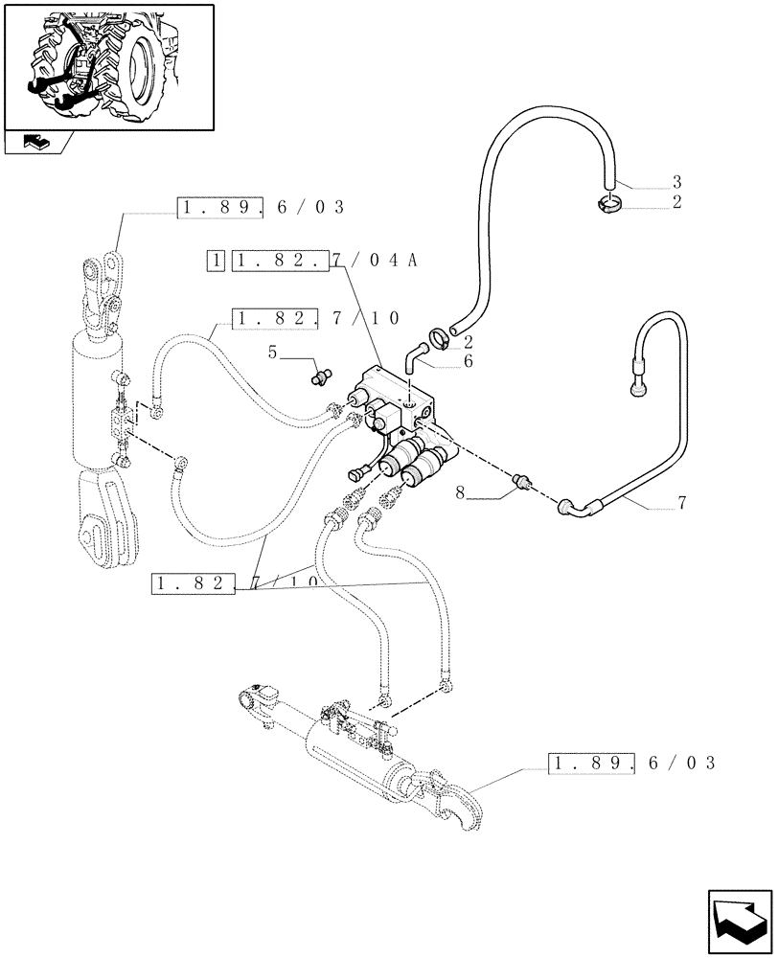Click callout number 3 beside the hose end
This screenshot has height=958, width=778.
(x=676, y=182)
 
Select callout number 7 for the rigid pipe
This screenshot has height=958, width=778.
(x=681, y=502)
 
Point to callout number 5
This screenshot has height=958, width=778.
(x=273, y=354)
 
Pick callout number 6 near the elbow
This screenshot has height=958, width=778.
(x=469, y=361)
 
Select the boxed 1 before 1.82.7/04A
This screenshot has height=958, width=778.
(x=217, y=261)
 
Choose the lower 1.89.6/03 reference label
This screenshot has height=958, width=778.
(x=632, y=763)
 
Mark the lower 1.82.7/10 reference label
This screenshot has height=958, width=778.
(x=235, y=582)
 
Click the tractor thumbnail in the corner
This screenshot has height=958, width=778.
(x=108, y=65)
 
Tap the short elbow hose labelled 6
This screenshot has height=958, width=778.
(x=413, y=355)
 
